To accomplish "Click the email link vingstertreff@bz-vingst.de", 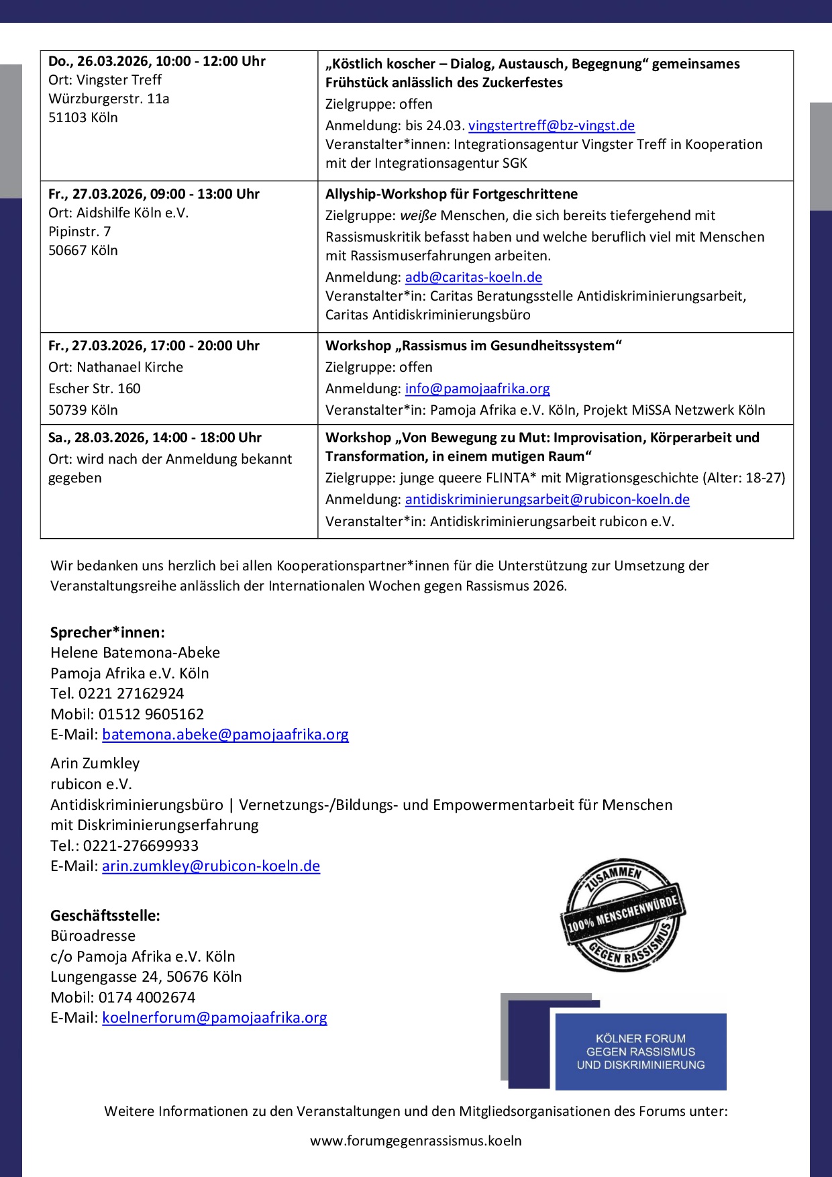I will pyautogui.click(x=551, y=125).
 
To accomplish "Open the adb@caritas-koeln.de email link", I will pyautogui.click(x=473, y=277).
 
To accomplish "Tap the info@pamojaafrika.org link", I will pyautogui.click(x=477, y=389).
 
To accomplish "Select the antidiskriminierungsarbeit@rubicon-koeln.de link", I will pyautogui.click(x=547, y=499).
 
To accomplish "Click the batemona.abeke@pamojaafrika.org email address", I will pyautogui.click(x=225, y=734).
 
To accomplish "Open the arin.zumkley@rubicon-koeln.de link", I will pyautogui.click(x=211, y=866).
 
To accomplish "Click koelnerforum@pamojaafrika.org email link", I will pyautogui.click(x=214, y=1017).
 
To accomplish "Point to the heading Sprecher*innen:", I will pyautogui.click(x=107, y=632).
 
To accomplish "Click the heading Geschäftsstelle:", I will pyautogui.click(x=105, y=915).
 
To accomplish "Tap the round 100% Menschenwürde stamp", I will pyautogui.click(x=622, y=915).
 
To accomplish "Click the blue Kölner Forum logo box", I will pyautogui.click(x=640, y=1051).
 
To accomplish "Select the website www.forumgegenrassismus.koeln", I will pyautogui.click(x=415, y=1141).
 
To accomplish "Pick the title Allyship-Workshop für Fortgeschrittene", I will pyautogui.click(x=451, y=194).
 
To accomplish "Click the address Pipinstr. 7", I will pyautogui.click(x=79, y=232).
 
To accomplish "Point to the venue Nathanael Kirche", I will pyautogui.click(x=129, y=367).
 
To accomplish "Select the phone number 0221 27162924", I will pyautogui.click(x=131, y=693).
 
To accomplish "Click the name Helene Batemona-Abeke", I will pyautogui.click(x=135, y=652).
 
